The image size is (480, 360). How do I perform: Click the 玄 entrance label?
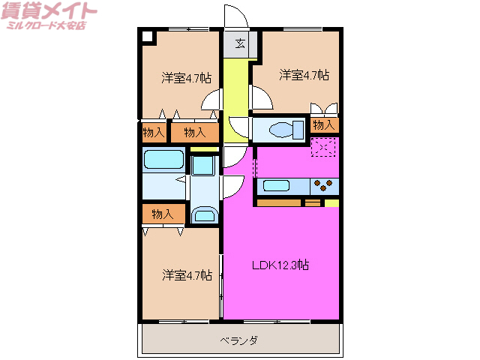click(x=240, y=43)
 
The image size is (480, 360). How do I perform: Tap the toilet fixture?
click(x=281, y=129)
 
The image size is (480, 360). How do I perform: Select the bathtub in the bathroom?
click(x=163, y=159)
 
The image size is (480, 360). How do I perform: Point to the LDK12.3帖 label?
click(x=281, y=265)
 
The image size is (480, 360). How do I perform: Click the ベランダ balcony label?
click(x=239, y=340)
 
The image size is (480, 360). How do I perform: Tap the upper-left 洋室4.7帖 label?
click(x=186, y=76)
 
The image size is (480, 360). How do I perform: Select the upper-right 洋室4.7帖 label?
click(x=304, y=75)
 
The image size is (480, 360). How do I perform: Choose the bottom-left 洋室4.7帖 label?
click(x=187, y=275)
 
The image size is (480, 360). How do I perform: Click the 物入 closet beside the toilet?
click(x=324, y=124)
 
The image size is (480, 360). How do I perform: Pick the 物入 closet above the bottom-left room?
click(x=163, y=214)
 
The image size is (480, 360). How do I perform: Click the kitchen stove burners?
click(x=325, y=184)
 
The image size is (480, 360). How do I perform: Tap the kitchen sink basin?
click(x=276, y=185)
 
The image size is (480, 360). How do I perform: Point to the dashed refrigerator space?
click(x=324, y=148)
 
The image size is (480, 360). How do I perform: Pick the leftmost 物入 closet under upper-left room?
click(x=154, y=133)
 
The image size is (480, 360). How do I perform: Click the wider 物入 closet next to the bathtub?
click(x=194, y=133)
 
